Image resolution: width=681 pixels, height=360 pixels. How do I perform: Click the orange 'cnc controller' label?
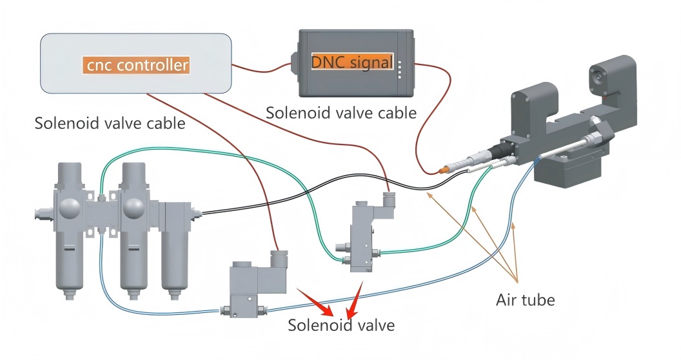coord(137,65)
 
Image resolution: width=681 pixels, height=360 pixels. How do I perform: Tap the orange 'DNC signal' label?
coord(352,63)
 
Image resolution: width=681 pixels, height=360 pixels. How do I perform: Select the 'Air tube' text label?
coord(525,299)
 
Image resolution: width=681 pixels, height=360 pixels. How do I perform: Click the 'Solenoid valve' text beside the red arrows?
coord(340,325)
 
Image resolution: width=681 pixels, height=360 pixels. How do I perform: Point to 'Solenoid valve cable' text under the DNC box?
coord(341,113)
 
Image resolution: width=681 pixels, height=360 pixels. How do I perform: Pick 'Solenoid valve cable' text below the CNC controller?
coord(110,123)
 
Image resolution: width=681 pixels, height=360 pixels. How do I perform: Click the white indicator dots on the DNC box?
coord(400,70)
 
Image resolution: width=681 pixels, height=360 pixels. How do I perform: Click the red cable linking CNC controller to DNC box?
coord(261,68)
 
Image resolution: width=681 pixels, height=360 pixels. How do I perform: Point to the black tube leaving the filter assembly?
coord(290,202)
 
